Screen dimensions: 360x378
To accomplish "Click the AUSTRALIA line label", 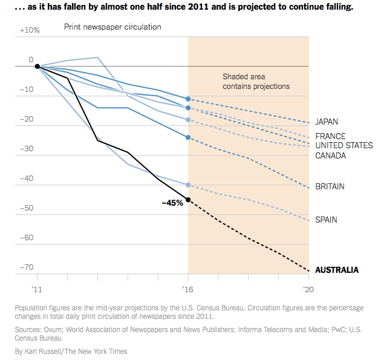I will [337, 270].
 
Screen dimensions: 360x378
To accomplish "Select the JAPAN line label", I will [327, 122].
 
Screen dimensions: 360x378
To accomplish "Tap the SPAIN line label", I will [326, 220].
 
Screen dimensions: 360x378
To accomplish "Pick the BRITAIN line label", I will [330, 186].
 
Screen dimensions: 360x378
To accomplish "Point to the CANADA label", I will [330, 155].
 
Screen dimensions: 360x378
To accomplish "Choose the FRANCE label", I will [330, 136].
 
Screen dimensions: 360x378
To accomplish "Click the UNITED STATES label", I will [344, 146].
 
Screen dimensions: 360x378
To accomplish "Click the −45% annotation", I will [172, 203].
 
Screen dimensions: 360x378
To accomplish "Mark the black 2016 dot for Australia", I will [188, 200].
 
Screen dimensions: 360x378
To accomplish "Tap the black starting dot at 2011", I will [37, 67].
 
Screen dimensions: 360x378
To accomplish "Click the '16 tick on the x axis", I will [187, 289].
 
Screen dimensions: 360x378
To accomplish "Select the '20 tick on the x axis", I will [308, 289].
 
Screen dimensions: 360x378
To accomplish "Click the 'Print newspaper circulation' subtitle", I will [112, 27].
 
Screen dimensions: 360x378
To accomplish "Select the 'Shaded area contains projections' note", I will [256, 82].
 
